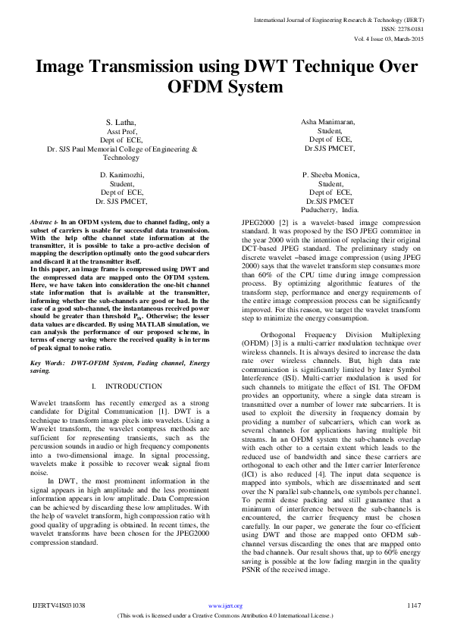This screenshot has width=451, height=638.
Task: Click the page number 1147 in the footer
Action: (x=414, y=605)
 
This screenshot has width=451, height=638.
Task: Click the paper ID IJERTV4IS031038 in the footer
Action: (x=58, y=605)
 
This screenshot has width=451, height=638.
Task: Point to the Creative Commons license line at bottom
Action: (x=225, y=615)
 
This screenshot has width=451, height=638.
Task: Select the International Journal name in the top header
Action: (x=339, y=19)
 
